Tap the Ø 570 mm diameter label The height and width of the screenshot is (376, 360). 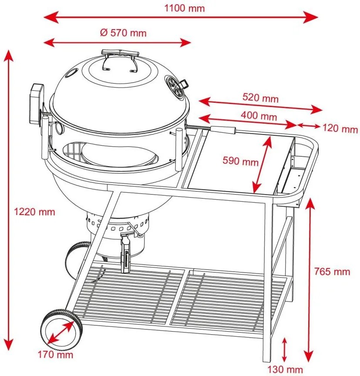[123, 33]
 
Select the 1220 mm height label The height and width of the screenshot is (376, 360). [34, 212]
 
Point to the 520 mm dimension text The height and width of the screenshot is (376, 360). [261, 98]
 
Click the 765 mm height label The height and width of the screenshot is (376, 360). [332, 272]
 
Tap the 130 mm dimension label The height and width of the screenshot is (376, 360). [286, 369]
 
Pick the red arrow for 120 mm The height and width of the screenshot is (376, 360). [310, 126]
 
